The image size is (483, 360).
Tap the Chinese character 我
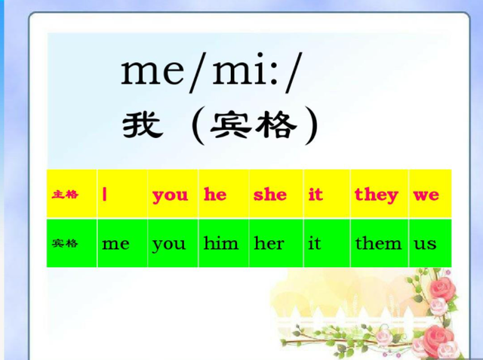click(x=143, y=125)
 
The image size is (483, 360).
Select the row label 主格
click(x=65, y=195)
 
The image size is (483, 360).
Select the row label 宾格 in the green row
click(x=65, y=244)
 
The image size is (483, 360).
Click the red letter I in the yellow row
click(x=104, y=194)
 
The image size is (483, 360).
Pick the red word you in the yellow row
click(x=170, y=195)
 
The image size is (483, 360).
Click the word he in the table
click(x=215, y=194)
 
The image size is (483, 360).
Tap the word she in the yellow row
click(x=270, y=194)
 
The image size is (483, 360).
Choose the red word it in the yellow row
click(x=315, y=194)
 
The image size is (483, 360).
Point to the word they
click(x=377, y=195)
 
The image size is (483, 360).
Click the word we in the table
click(x=426, y=195)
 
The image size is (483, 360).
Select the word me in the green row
click(x=115, y=245)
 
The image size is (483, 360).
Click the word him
click(x=221, y=243)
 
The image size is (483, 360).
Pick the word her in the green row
click(x=269, y=243)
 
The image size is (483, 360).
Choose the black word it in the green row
click(x=315, y=243)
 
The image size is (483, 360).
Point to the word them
click(x=379, y=243)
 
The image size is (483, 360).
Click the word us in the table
click(x=425, y=245)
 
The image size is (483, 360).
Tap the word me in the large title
click(x=152, y=72)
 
